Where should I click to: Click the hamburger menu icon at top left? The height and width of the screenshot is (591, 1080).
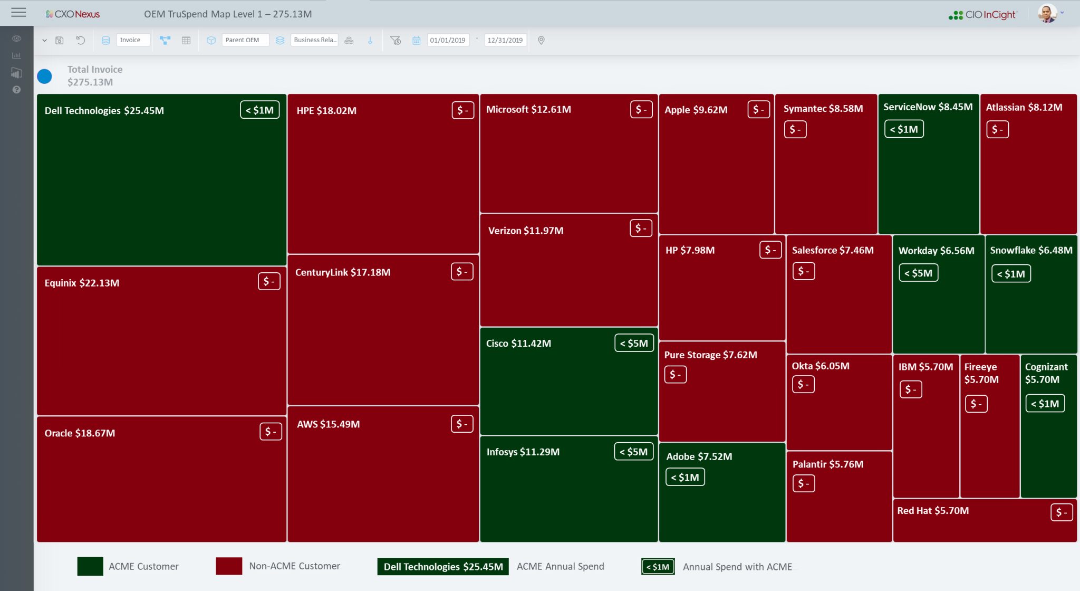pos(18,13)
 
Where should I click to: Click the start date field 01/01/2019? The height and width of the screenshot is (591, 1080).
pos(447,40)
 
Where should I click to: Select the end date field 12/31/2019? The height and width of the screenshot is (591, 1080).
pos(505,40)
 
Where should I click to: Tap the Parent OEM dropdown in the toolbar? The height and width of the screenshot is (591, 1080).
pos(245,40)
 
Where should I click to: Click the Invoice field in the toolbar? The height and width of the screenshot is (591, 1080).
pos(132,40)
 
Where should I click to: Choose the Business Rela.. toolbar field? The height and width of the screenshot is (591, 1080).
pos(314,40)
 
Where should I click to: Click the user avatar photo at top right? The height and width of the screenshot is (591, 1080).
pos(1047,14)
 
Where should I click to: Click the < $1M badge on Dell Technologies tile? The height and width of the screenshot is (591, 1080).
pos(260,110)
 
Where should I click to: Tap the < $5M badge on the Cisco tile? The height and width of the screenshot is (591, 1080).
pos(634,343)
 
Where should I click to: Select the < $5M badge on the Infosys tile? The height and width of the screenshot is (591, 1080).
pos(633,452)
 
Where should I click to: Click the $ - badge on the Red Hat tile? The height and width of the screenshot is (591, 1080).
pos(1061,512)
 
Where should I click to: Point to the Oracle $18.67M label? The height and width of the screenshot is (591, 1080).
pos(80,433)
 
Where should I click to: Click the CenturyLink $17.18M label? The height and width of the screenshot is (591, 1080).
pos(343,272)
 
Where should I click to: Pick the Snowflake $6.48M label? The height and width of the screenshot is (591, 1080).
pos(1031,250)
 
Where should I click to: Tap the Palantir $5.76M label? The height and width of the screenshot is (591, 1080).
pos(828,464)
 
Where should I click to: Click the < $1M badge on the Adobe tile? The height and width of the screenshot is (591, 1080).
pos(684,477)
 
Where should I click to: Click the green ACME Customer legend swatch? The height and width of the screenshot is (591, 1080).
pos(90,566)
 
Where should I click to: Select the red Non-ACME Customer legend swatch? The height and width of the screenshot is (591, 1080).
pos(229,566)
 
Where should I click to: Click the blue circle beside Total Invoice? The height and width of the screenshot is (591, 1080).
pos(44,77)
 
